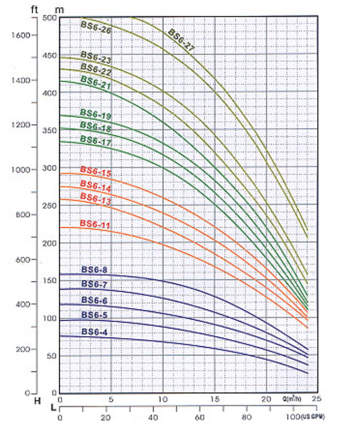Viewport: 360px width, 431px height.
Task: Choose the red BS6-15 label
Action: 95,172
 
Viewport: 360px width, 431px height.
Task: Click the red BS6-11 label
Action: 95,224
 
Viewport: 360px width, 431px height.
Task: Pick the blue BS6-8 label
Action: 94,270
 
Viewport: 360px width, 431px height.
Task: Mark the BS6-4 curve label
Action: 94,332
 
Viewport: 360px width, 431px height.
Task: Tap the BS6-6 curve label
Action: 94,300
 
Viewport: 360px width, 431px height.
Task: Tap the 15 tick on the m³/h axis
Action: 214,399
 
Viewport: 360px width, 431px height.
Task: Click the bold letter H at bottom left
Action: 37,401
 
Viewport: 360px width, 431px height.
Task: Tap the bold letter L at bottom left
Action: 53,407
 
